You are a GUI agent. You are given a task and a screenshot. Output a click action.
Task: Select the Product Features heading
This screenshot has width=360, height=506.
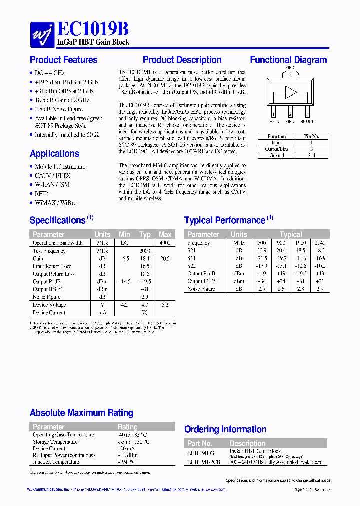coord(63,60)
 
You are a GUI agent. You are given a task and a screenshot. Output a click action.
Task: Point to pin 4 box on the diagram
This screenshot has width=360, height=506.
coord(290,75)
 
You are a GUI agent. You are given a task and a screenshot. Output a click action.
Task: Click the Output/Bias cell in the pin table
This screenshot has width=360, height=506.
coord(276,149)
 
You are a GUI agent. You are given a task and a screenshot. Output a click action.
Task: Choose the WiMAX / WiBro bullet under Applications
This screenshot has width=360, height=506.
coord(55,203)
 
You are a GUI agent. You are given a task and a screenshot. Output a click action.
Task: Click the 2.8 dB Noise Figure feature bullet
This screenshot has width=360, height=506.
coord(59,109)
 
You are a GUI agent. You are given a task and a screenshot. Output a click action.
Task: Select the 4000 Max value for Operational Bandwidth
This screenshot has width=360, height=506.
coord(165,243)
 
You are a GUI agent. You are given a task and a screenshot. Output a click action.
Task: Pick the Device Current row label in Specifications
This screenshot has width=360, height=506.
coord(49,312)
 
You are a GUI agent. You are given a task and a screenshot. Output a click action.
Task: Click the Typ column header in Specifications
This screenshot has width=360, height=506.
coord(145,234)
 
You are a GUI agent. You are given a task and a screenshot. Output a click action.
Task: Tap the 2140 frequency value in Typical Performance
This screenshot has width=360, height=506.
coord(320,243)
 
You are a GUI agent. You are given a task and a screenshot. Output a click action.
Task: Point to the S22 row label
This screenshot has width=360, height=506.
coord(192,266)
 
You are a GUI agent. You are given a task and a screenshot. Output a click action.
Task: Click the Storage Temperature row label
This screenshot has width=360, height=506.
coord(55,442)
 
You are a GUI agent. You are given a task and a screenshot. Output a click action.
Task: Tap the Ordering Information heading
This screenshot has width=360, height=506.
coord(225,429)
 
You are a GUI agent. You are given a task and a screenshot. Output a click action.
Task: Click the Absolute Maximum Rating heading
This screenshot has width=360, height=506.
coord(81,413)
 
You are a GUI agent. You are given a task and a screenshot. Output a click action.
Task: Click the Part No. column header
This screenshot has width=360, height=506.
coord(200,443)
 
